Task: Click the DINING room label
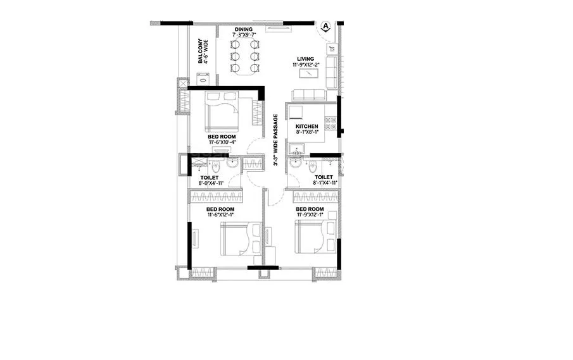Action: [244, 29]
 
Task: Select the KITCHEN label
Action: [307, 127]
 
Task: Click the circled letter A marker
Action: [325, 26]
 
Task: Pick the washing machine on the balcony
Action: [203, 78]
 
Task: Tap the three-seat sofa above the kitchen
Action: [308, 95]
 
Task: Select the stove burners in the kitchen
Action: [330, 120]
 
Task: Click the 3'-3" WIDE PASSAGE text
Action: [276, 140]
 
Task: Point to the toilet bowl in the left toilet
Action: [216, 167]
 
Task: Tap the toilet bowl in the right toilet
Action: [310, 167]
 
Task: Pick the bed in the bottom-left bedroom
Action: [239, 240]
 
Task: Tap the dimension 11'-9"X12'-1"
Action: [310, 215]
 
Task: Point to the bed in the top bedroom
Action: [221, 112]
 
